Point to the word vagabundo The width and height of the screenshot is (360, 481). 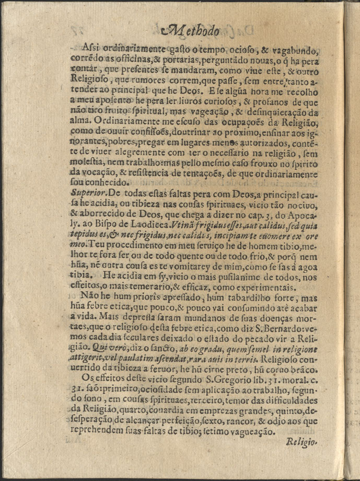291,51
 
